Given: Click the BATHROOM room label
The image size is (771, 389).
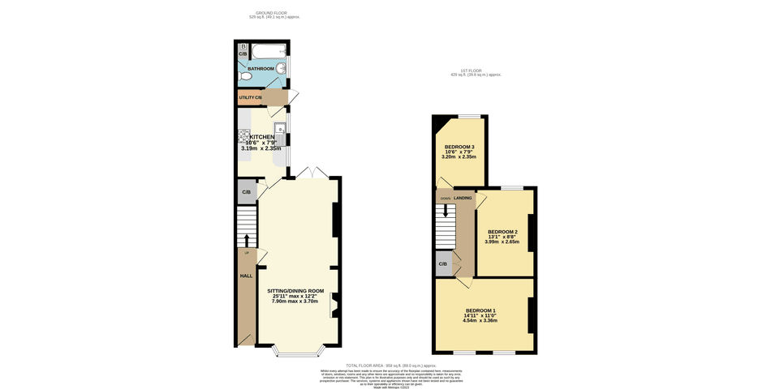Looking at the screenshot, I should coord(261,69).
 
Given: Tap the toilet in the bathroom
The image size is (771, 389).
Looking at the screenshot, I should coord(246,76).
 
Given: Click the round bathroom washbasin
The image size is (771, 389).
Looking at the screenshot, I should coord(281,69).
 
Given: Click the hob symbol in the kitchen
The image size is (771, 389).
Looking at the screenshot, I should coord(243,135).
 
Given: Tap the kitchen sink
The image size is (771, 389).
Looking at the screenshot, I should coord(280,130).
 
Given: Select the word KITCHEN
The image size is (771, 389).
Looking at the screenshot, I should coord(261,137).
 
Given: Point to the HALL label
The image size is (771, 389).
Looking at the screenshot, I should coord(246,276).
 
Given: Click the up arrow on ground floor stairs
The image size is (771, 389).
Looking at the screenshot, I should coord(247,240).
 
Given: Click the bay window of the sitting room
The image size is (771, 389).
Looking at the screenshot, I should coord(298,352).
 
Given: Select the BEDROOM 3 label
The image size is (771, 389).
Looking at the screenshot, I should coord(459,147).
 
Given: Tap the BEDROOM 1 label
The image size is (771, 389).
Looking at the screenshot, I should coord(480,310).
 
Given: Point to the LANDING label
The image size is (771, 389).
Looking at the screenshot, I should coord(463,198).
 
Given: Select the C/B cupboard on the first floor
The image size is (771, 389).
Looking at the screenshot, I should coord(443,264).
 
